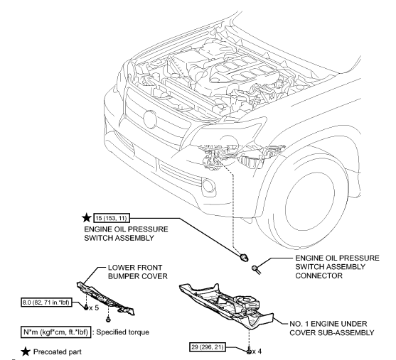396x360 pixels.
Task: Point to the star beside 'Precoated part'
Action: tap(13, 348)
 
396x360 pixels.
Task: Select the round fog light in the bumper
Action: tap(211, 189)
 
